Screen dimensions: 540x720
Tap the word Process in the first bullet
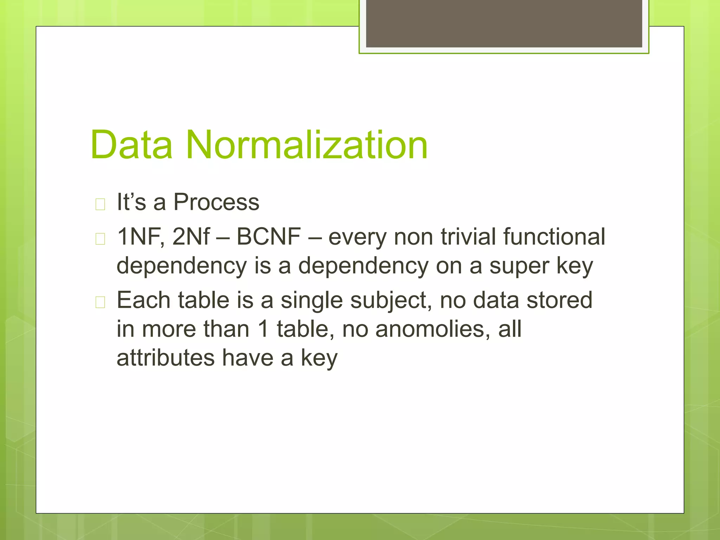[216, 202]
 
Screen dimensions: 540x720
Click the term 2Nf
[191, 237]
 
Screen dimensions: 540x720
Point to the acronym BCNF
[269, 237]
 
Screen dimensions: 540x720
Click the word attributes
[166, 358]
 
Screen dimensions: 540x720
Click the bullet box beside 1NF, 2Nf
[100, 239]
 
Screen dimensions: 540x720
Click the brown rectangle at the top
[504, 23]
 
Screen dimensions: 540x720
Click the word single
[311, 301]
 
